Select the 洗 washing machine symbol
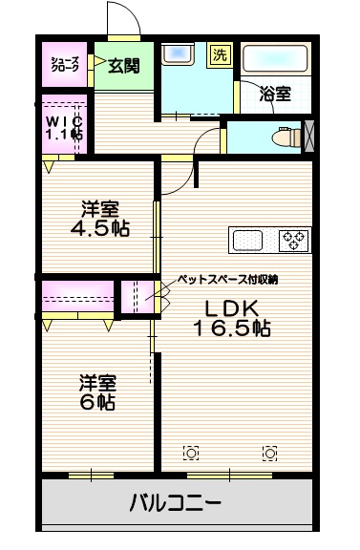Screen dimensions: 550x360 (x=222, y=54)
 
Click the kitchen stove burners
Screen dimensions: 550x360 (x=293, y=240)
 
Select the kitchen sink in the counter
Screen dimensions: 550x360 (x=250, y=240)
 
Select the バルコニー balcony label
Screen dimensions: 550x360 (x=176, y=503)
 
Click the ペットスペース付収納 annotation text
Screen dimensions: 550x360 (x=227, y=280)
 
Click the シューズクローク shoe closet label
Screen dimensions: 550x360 (x=66, y=65)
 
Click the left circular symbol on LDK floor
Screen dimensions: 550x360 (x=192, y=452)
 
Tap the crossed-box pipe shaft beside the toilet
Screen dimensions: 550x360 (x=307, y=137)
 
